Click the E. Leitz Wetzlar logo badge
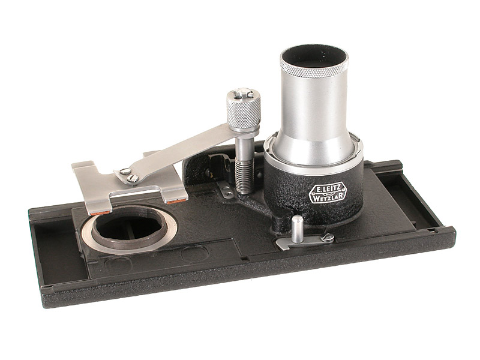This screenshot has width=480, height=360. (x=328, y=193)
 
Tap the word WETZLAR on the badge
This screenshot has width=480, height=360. (x=328, y=198)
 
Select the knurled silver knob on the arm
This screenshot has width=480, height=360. (x=244, y=109)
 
